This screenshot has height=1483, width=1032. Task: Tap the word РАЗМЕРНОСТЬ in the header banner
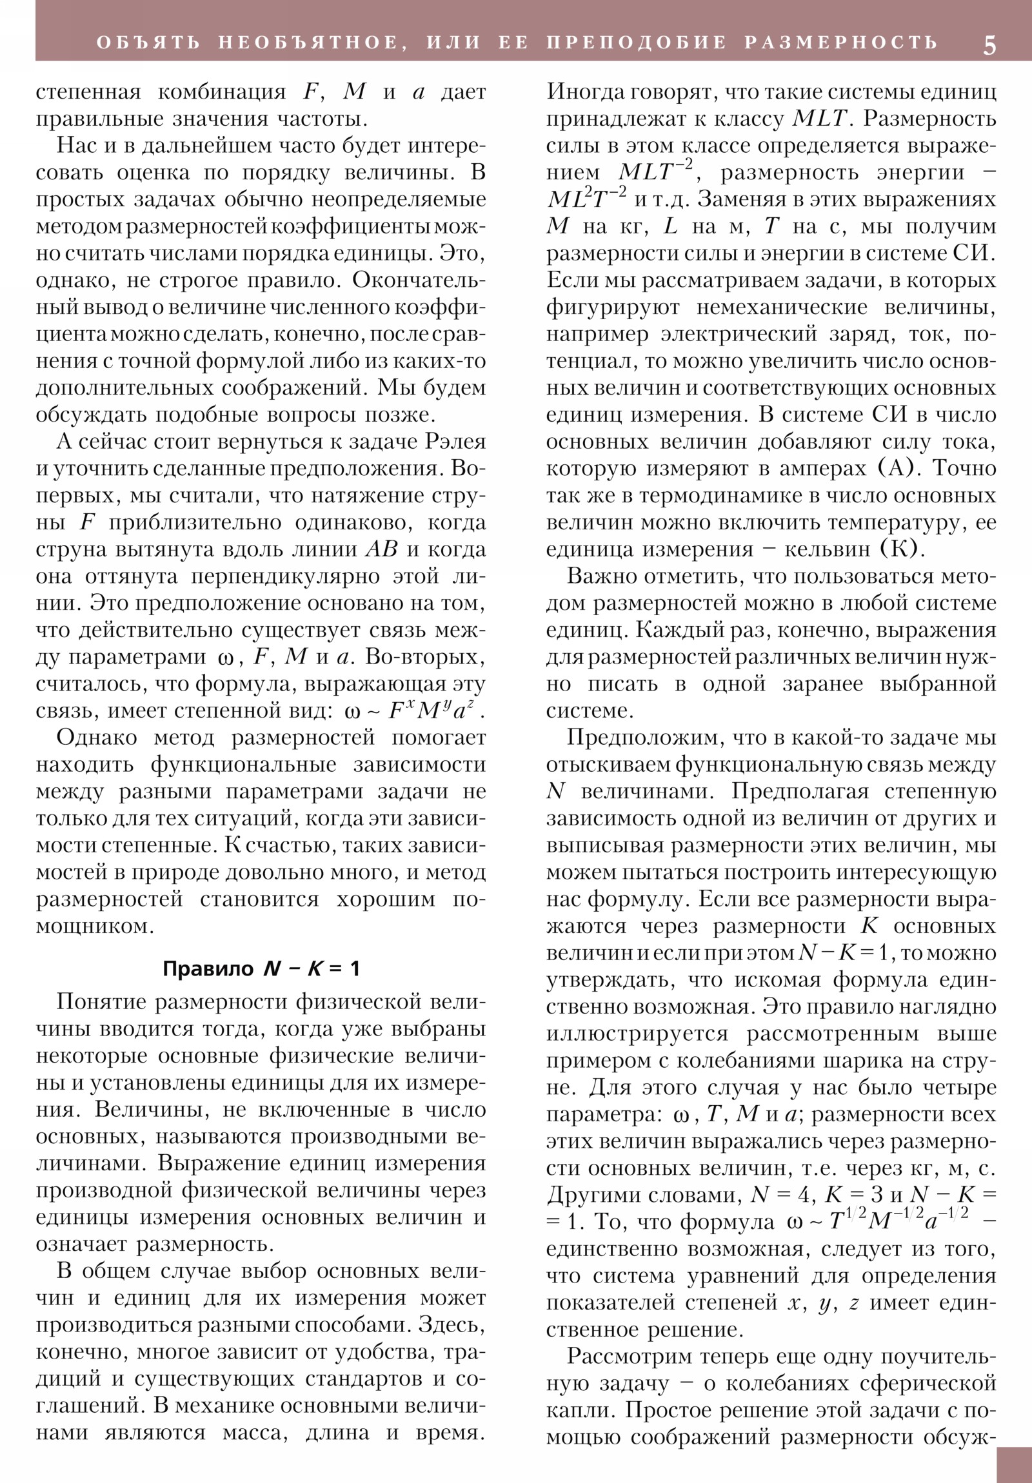[x=840, y=43]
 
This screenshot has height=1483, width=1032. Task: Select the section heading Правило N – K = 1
[x=261, y=968]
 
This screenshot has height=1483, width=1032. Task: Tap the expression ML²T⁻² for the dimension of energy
[x=586, y=199]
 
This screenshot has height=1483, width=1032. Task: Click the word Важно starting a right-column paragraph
[x=603, y=576]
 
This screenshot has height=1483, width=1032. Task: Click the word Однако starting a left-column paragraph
[x=96, y=737]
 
